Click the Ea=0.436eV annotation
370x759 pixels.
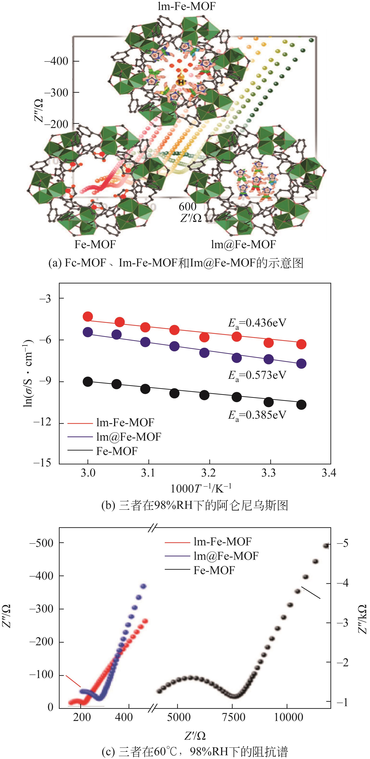(x=257, y=323)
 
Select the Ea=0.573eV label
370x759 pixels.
(x=257, y=375)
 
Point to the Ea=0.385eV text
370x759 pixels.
(x=257, y=415)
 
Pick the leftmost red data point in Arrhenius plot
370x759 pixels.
(x=88, y=317)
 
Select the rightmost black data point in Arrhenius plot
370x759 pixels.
(x=301, y=405)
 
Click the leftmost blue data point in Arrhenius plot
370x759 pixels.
(x=88, y=332)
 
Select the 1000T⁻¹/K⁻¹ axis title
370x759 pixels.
(x=200, y=488)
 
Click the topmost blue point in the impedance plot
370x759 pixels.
(x=143, y=586)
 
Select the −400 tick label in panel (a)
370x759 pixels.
(x=56, y=61)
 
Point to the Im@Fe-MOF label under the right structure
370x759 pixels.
(x=244, y=244)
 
